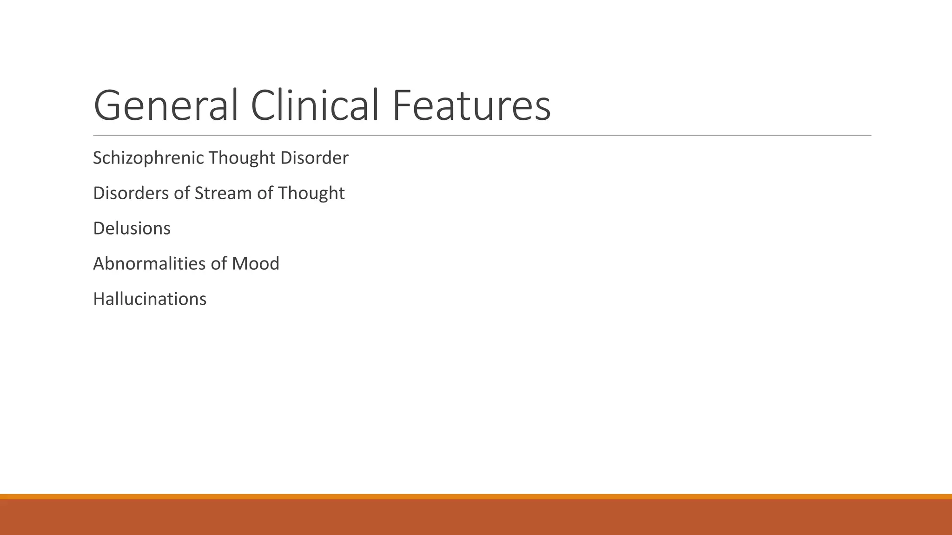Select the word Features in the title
471,105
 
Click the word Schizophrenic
148,158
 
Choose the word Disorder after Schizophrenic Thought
314,158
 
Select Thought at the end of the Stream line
311,193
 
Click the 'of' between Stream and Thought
265,193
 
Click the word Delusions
132,228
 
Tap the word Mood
255,264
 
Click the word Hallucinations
150,299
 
